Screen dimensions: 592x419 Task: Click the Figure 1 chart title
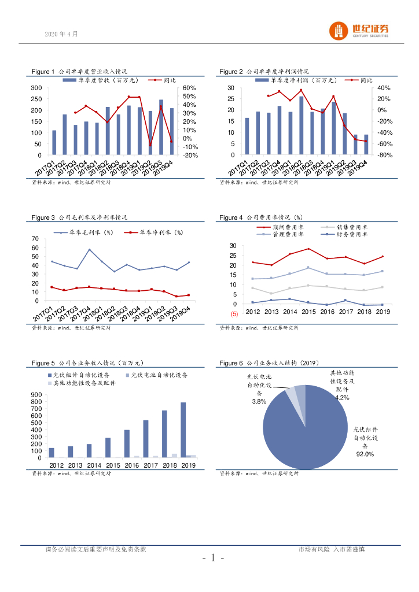79,72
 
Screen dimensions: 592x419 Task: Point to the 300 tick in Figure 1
36,88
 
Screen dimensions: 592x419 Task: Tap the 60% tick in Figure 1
190,88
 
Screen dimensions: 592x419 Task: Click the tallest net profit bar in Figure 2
302,125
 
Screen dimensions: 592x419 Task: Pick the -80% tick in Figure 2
385,156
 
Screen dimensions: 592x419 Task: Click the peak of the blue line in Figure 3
90,250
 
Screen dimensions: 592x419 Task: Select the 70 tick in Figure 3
35,239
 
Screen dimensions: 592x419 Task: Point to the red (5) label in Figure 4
234,314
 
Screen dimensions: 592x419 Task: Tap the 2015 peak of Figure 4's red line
309,249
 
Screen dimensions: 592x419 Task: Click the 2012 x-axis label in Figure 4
253,312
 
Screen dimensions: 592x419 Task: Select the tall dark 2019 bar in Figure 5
183,430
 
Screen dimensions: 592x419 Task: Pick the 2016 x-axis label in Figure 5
127,465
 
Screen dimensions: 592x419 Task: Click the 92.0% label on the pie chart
365,454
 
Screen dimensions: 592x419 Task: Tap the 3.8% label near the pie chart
259,401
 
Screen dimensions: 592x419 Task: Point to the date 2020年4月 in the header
61,34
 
